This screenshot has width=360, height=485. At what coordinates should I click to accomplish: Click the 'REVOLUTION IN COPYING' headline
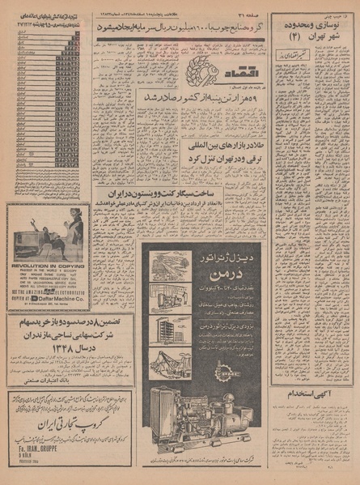pos(48,264)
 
